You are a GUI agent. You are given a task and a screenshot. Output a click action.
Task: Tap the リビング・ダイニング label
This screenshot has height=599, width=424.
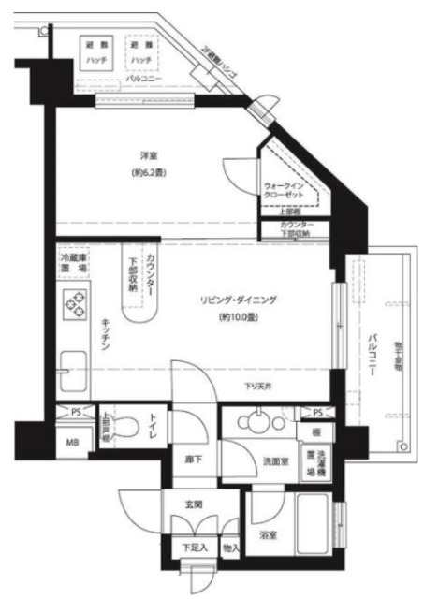[239, 299]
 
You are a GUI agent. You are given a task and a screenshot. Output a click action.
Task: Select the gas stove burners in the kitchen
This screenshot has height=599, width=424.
[73, 304]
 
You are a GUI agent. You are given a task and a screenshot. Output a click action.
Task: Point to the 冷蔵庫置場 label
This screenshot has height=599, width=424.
[74, 262]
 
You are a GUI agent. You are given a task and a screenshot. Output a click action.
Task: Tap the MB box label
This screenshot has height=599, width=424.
[72, 442]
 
